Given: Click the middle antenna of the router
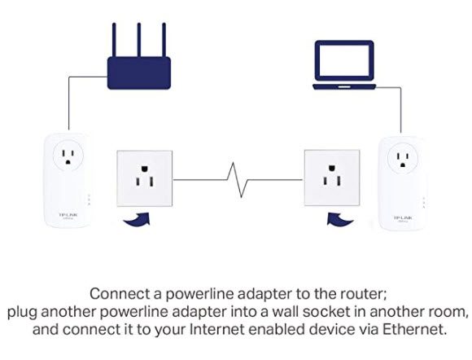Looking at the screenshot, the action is [139, 40].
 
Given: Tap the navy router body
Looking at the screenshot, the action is [139, 73].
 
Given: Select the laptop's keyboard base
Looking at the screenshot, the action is [344, 87].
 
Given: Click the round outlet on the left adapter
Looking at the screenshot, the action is [68, 156].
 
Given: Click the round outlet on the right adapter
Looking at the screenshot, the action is [403, 159].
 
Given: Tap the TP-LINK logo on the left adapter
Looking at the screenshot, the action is [68, 215].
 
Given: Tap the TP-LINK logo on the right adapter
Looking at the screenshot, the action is [404, 217].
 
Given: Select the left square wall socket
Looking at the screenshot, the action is [145, 178].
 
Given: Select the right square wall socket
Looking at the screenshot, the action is [332, 178].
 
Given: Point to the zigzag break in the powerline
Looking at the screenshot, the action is [238, 180].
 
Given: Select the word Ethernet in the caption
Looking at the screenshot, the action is [414, 329].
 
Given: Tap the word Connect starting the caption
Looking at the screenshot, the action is [120, 294].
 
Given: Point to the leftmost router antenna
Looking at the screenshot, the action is [114, 40].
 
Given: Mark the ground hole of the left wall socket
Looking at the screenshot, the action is [145, 168].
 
